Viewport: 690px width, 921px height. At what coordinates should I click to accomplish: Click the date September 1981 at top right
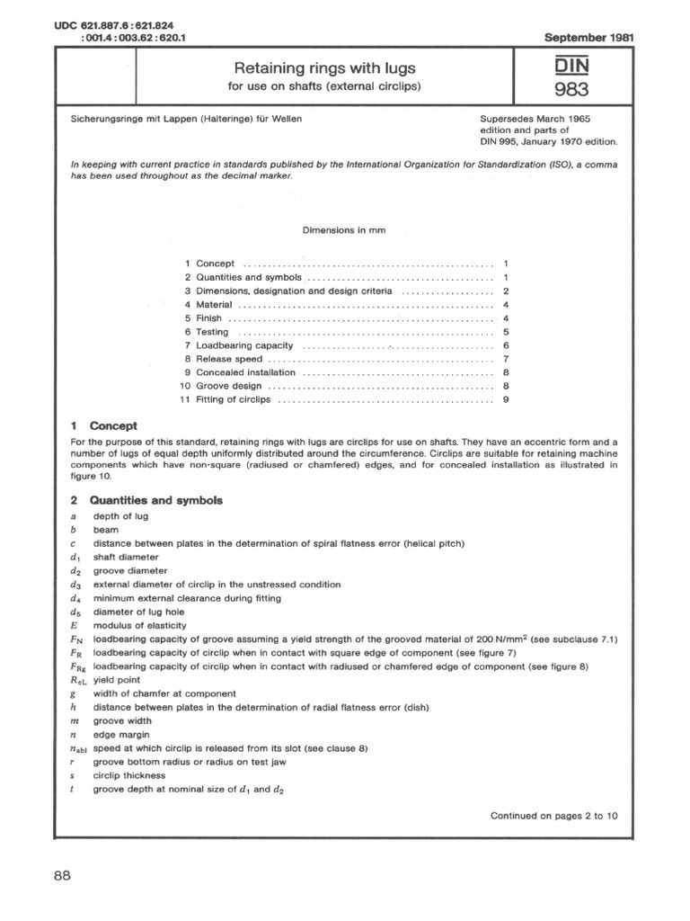point(590,39)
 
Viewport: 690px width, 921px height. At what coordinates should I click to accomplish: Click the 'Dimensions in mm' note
point(344,230)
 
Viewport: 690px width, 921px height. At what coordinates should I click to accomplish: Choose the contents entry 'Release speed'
point(226,359)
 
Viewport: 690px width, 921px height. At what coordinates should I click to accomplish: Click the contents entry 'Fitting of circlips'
point(233,399)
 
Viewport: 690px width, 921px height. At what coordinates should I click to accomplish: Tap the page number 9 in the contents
point(507,399)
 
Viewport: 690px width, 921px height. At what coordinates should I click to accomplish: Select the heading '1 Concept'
point(103,426)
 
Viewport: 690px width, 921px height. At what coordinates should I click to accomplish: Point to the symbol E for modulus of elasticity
point(72,625)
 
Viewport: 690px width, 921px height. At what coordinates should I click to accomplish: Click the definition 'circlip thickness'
point(129,775)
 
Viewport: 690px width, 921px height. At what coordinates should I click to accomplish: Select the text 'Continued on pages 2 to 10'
point(553,816)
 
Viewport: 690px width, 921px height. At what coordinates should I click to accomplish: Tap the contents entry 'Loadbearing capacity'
point(244,345)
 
